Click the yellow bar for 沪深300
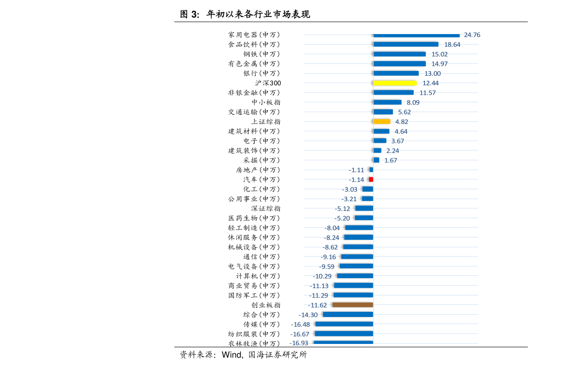pyautogui.click(x=395, y=83)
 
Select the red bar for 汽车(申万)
pyautogui.click(x=371, y=179)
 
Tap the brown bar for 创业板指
pyautogui.click(x=353, y=305)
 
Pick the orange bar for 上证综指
pyautogui.click(x=382, y=122)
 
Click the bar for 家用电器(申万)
pyautogui.click(x=416, y=35)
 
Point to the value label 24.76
pyautogui.click(x=472, y=35)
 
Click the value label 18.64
pyautogui.click(x=452, y=44)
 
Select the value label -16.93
pyautogui.click(x=299, y=343)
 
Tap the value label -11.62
pyautogui.click(x=317, y=305)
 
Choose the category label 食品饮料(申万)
pyautogui.click(x=254, y=44)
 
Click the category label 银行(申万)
pyautogui.click(x=261, y=73)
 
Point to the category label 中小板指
pyautogui.click(x=266, y=102)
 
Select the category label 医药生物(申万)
pyautogui.click(x=254, y=218)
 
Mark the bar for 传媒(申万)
pyautogui.click(x=344, y=324)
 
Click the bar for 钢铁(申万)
pyautogui.click(x=399, y=54)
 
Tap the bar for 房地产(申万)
pyautogui.click(x=372, y=169)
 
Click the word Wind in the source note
pyautogui.click(x=232, y=355)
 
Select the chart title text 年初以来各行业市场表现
pyautogui.click(x=258, y=14)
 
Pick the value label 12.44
pyautogui.click(x=431, y=83)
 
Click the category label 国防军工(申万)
pyautogui.click(x=254, y=295)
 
